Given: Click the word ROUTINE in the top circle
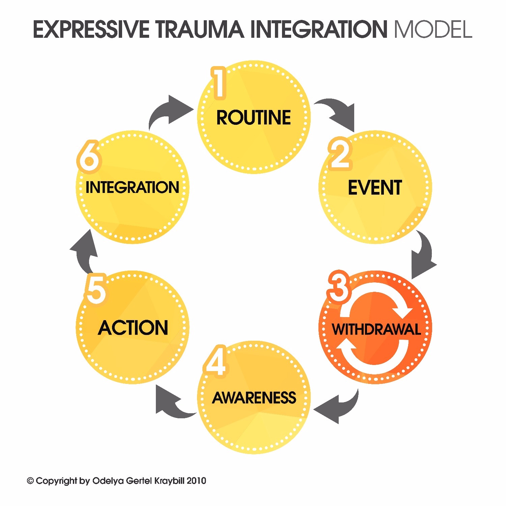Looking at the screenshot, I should tap(253, 118).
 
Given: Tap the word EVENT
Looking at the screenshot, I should tap(375, 188).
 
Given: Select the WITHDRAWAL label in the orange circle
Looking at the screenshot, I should tap(376, 329).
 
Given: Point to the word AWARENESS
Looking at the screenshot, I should tap(254, 398).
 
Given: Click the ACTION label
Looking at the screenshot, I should tap(133, 328).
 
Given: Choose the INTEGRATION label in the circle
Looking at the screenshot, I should tap(132, 188).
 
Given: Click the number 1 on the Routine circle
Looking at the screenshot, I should tap(219, 83).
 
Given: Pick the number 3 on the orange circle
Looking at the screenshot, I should tap(339, 287).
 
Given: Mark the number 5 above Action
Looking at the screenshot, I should tap(96, 289).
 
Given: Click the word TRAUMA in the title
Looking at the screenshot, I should tap(199, 29).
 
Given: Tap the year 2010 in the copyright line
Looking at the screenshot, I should tap(196, 481).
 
